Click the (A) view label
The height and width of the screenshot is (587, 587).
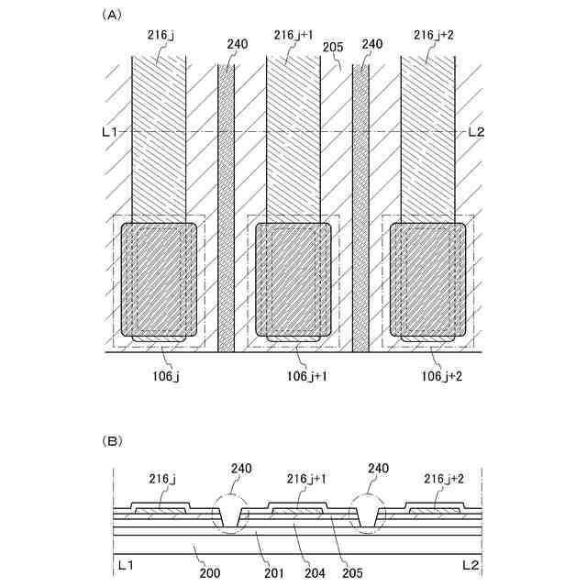(112, 15)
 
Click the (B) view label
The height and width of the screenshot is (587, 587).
(112, 441)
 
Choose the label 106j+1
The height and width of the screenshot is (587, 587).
(303, 376)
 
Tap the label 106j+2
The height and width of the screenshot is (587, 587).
(440, 376)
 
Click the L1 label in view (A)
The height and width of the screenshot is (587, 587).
(109, 132)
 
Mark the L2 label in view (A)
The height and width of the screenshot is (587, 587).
(476, 132)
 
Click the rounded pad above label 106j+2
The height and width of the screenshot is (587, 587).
(428, 280)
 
